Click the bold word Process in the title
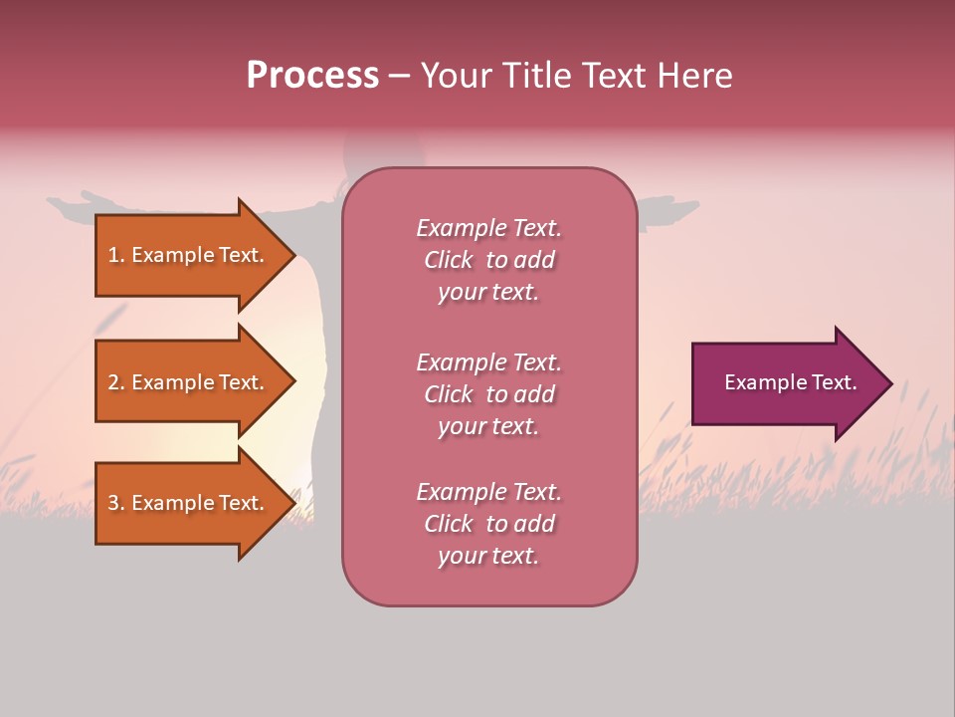pyautogui.click(x=312, y=76)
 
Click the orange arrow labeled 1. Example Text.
pyautogui.click(x=189, y=256)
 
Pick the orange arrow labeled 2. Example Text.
pyautogui.click(x=189, y=382)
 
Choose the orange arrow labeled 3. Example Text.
pyautogui.click(x=189, y=503)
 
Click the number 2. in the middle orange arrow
pyautogui.click(x=116, y=382)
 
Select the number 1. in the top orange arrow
pyautogui.click(x=116, y=256)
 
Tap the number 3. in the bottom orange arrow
pyautogui.click(x=116, y=503)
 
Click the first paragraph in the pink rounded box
pyautogui.click(x=488, y=260)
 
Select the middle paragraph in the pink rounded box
pyautogui.click(x=488, y=394)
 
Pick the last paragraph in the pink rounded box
pyautogui.click(x=488, y=524)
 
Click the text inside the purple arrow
pyautogui.click(x=790, y=382)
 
